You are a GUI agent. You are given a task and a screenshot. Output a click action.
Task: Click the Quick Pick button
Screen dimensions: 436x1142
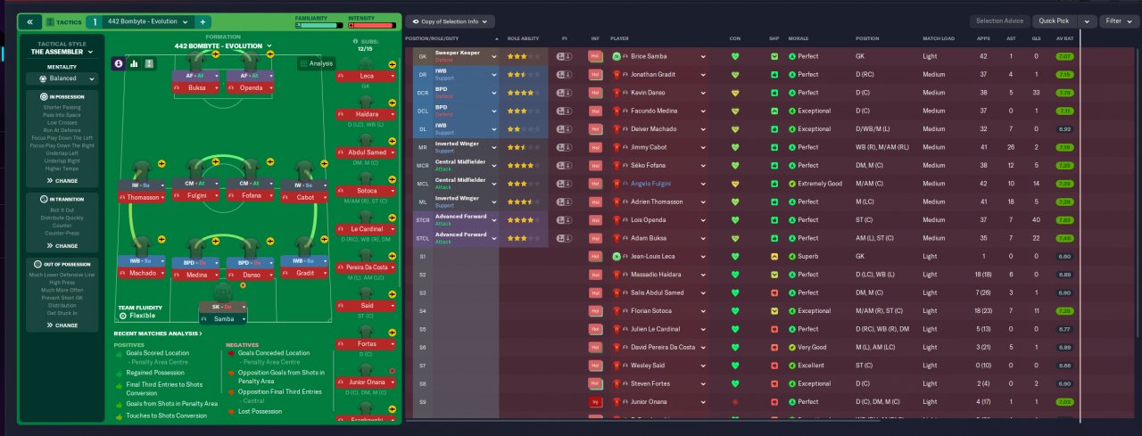(1054, 21)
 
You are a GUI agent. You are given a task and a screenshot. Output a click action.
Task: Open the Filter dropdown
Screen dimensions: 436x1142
(1118, 21)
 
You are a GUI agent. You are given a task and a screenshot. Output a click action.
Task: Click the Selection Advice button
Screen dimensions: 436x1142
(1000, 21)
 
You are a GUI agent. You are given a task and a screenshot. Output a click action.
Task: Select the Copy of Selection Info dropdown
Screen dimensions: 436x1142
(450, 21)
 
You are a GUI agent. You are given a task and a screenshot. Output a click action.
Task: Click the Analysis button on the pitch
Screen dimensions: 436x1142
(316, 63)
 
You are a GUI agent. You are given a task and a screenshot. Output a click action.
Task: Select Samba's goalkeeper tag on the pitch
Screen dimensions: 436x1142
(223, 318)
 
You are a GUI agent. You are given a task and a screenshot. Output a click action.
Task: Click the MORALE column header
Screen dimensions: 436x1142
(799, 38)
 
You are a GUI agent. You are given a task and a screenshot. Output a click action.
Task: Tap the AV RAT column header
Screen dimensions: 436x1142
(1063, 38)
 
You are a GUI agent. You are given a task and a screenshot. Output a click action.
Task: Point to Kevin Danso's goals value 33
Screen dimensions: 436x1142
(1035, 93)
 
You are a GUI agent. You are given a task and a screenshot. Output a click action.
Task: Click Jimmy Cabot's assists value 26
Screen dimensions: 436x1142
(1010, 147)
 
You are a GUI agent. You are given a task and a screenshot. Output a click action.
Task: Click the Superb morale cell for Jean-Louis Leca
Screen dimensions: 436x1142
(807, 256)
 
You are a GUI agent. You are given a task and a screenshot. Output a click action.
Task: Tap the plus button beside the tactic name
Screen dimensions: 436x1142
(203, 21)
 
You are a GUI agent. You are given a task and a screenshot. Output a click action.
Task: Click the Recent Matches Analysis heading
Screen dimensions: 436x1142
(157, 333)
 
